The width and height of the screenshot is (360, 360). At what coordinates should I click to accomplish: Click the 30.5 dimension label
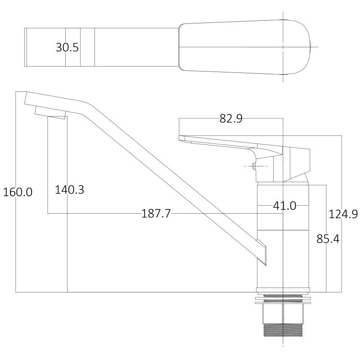point(67,47)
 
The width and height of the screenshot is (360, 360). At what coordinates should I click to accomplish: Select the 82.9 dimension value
point(231,118)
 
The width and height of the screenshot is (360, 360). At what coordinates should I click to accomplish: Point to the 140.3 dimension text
point(70,189)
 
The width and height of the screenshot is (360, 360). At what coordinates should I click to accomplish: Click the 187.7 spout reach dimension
point(156,214)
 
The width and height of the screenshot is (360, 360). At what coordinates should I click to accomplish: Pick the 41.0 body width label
point(285,206)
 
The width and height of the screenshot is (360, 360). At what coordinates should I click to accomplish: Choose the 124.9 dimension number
point(343,214)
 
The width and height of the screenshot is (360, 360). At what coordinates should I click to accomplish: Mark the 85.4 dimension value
point(328,239)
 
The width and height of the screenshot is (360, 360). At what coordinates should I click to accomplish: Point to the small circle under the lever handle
point(254,166)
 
